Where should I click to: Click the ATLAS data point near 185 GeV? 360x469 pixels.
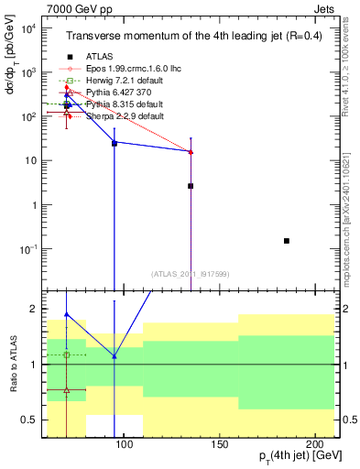point(287,241)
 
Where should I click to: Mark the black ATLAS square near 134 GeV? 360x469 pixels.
point(191,186)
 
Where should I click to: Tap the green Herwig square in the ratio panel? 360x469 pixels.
point(67,354)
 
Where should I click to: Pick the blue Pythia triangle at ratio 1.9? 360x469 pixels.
point(67,314)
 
